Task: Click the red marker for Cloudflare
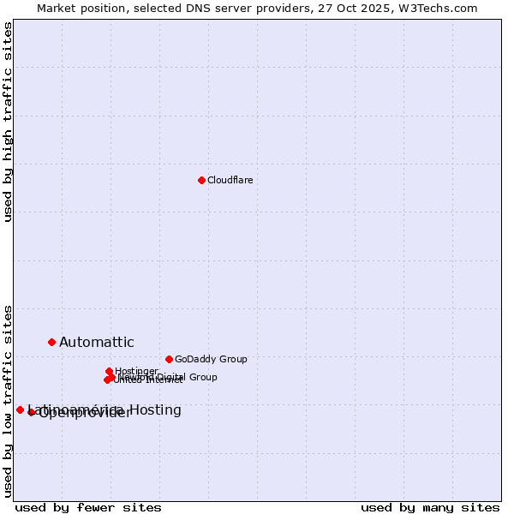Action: [x=201, y=180]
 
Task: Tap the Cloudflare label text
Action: [x=230, y=180]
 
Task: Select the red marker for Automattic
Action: [x=51, y=342]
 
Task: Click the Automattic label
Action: [x=96, y=343]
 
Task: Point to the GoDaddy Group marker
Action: [x=169, y=359]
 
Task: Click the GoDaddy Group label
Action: [x=211, y=359]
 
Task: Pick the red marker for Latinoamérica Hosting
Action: [x=20, y=409]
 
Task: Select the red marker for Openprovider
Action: [x=31, y=412]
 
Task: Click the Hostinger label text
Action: [x=136, y=371]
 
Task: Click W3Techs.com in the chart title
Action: [x=442, y=8]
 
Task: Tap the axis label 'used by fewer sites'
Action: [x=88, y=508]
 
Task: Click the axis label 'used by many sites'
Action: [x=430, y=508]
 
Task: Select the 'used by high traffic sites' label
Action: [x=8, y=122]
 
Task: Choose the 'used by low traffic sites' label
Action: [x=8, y=401]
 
